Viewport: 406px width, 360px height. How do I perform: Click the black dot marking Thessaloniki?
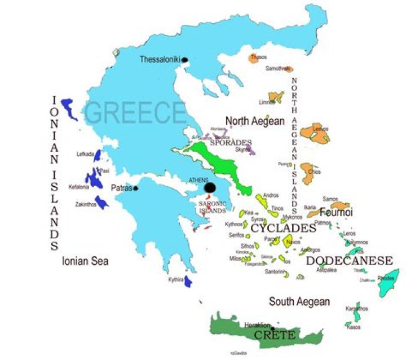click(x=184, y=59)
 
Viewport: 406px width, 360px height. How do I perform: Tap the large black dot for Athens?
click(x=210, y=187)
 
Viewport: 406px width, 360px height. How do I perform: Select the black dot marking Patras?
click(x=135, y=188)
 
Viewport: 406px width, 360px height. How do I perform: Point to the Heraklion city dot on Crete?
click(x=272, y=328)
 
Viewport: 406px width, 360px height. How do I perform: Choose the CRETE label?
click(x=274, y=336)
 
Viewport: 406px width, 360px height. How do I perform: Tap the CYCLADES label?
click(x=283, y=229)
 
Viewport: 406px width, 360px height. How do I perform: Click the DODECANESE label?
click(x=349, y=261)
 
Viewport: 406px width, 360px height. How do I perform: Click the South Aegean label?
click(x=299, y=301)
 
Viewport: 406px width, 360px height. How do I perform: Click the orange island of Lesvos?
click(x=314, y=133)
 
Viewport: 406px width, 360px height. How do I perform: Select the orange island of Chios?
click(x=308, y=174)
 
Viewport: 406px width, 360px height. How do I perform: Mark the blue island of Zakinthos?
click(x=102, y=202)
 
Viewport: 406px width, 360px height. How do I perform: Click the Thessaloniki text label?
click(x=160, y=59)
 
